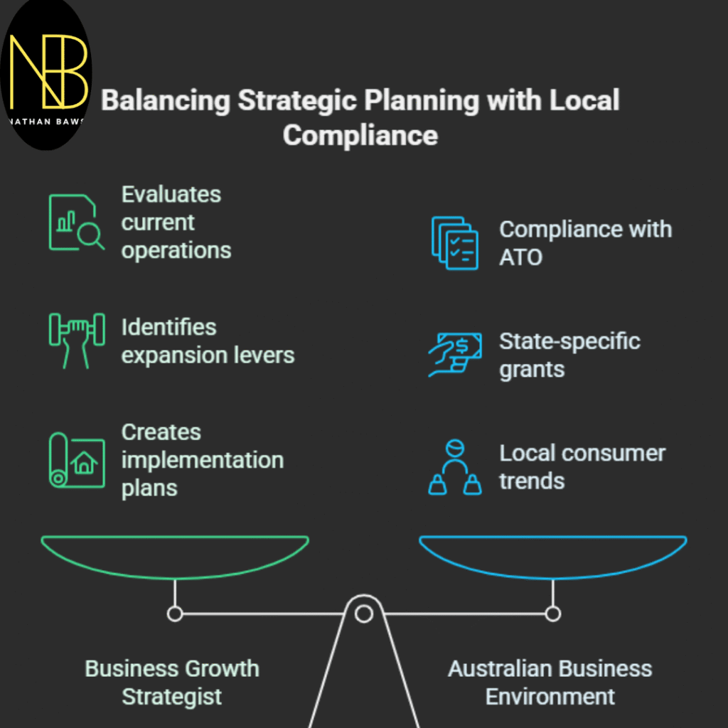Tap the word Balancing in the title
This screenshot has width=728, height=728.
point(165,100)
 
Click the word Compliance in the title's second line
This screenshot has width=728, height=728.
point(360,135)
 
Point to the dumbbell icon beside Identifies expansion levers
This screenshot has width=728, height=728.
point(76,339)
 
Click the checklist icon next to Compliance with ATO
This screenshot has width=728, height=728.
point(454,243)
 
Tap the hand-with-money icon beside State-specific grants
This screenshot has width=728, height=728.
point(454,353)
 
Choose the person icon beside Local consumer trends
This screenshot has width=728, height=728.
point(454,467)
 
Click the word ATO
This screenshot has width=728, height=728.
point(520,257)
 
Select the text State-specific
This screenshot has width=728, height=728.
point(569,341)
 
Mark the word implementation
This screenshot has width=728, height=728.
point(203,460)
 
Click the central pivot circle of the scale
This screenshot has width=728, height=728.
point(364,613)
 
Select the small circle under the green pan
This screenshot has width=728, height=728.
point(175,613)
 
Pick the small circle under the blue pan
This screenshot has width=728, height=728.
point(553,613)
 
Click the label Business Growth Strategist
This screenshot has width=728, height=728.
point(172,682)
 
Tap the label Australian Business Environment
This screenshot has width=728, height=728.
point(550,682)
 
